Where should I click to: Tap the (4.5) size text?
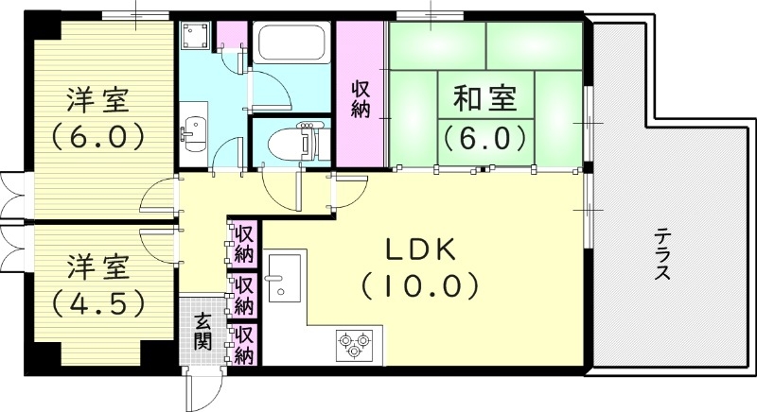98,302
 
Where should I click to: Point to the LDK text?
420,249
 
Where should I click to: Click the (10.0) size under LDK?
420,283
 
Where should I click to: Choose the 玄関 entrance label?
203,331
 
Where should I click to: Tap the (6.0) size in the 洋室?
98,135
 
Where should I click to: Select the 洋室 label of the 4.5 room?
98,268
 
